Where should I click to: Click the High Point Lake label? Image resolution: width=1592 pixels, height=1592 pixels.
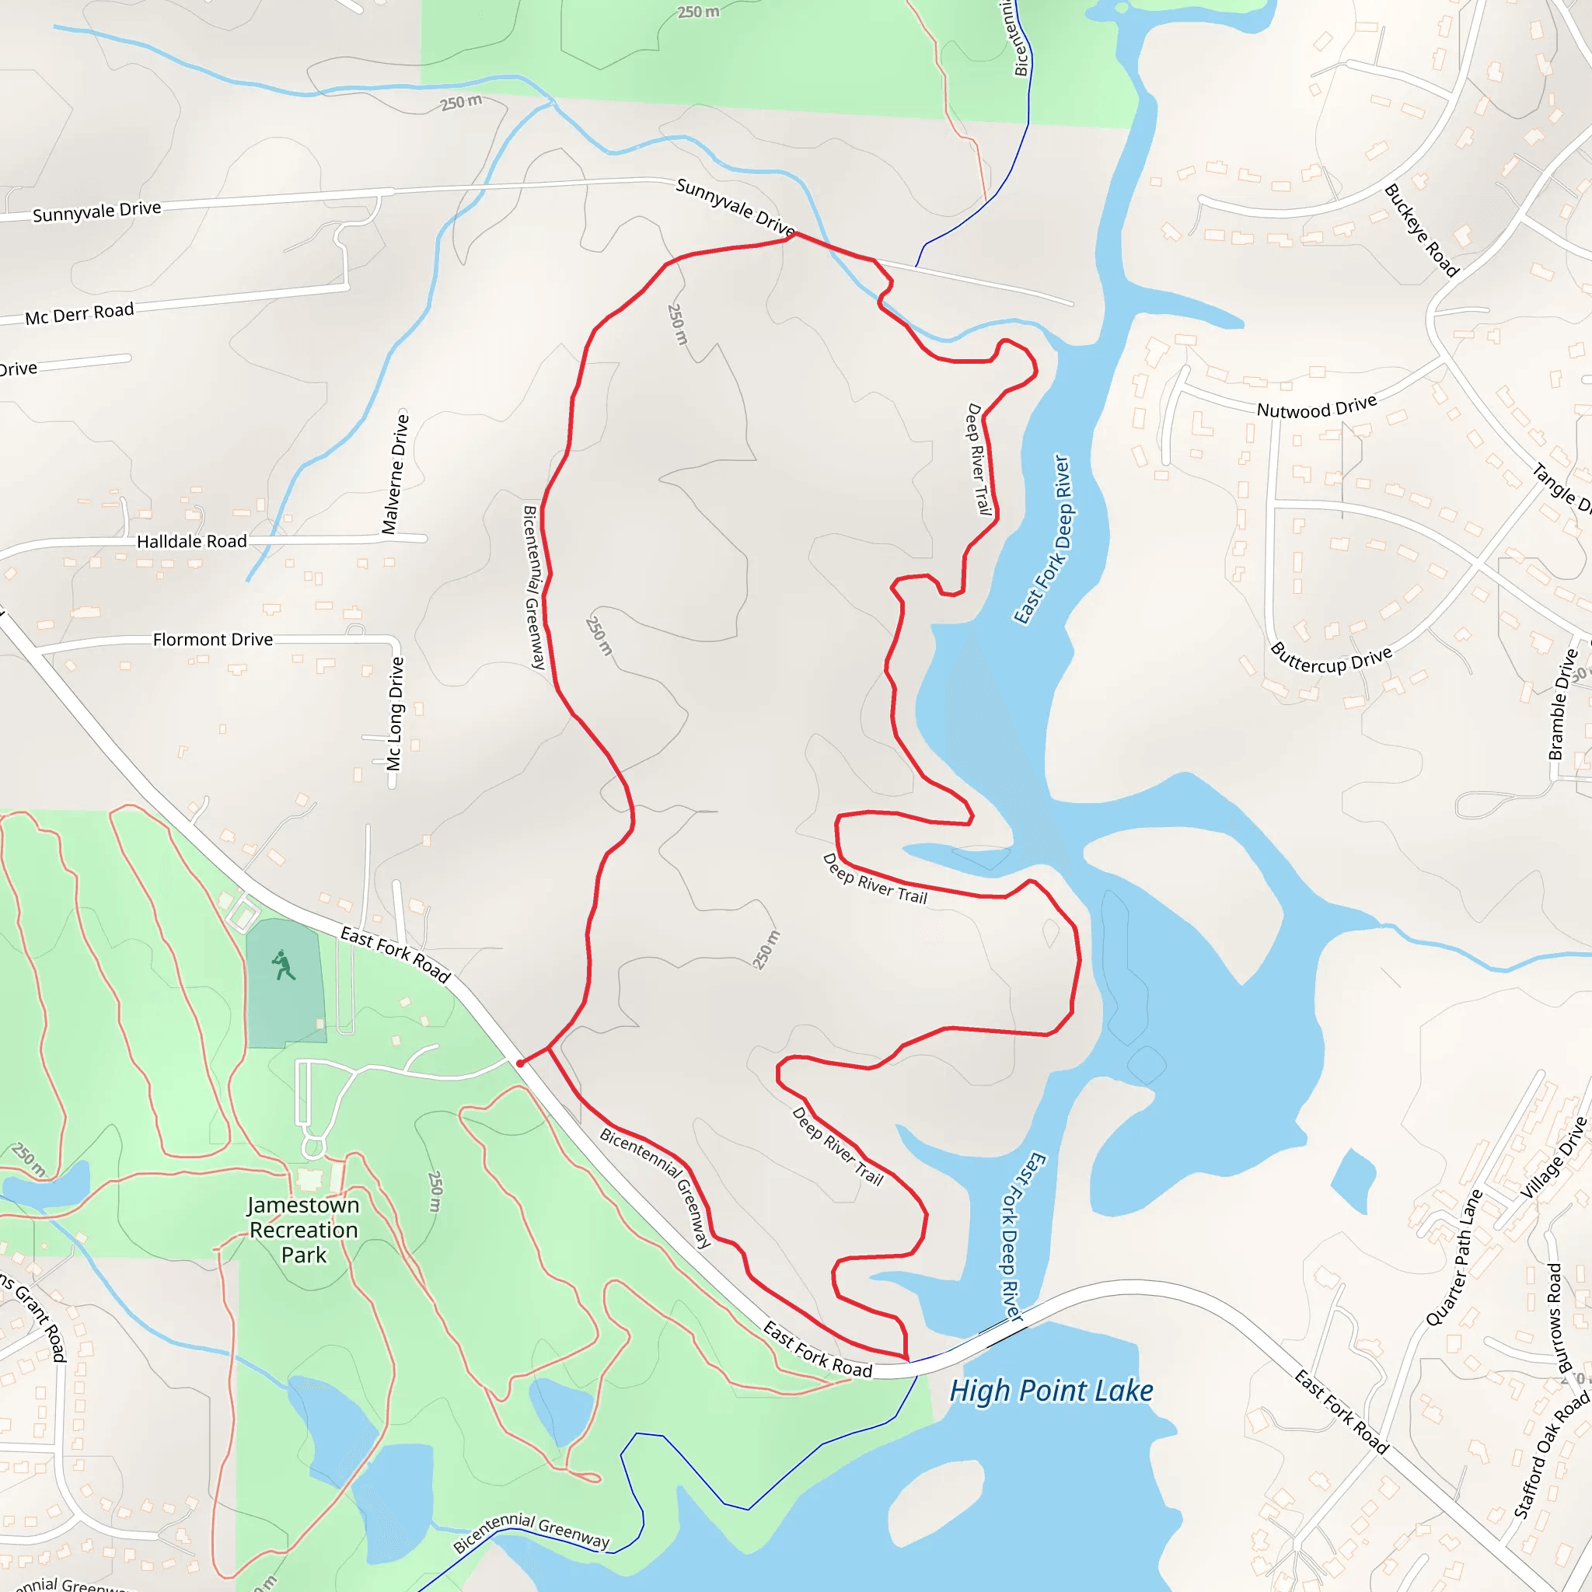coord(1051,1391)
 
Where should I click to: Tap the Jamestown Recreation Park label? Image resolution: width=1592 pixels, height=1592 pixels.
coord(304,1230)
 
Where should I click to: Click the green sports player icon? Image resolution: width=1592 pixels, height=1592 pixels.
coord(284,965)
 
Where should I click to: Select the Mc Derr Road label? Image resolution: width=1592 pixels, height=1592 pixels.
coord(79,314)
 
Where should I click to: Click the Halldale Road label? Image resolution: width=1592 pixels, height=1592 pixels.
coord(191,541)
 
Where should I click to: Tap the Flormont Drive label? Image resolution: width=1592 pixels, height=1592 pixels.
coord(212,640)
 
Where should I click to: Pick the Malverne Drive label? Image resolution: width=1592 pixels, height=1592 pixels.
coord(396,474)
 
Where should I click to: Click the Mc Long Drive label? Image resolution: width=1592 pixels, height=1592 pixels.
coord(396,714)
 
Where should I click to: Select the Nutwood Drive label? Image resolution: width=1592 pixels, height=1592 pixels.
coord(1316,407)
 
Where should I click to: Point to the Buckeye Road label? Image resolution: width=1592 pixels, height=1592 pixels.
coord(1422,231)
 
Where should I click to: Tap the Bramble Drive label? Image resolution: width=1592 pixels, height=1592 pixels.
coord(1562,704)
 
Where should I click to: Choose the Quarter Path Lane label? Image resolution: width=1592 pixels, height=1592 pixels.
coord(1454,1258)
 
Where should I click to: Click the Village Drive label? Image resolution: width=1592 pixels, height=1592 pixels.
coord(1553,1158)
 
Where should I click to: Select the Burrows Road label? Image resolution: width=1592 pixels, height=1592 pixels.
coord(1555,1318)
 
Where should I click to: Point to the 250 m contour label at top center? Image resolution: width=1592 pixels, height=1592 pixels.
coord(698,12)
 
